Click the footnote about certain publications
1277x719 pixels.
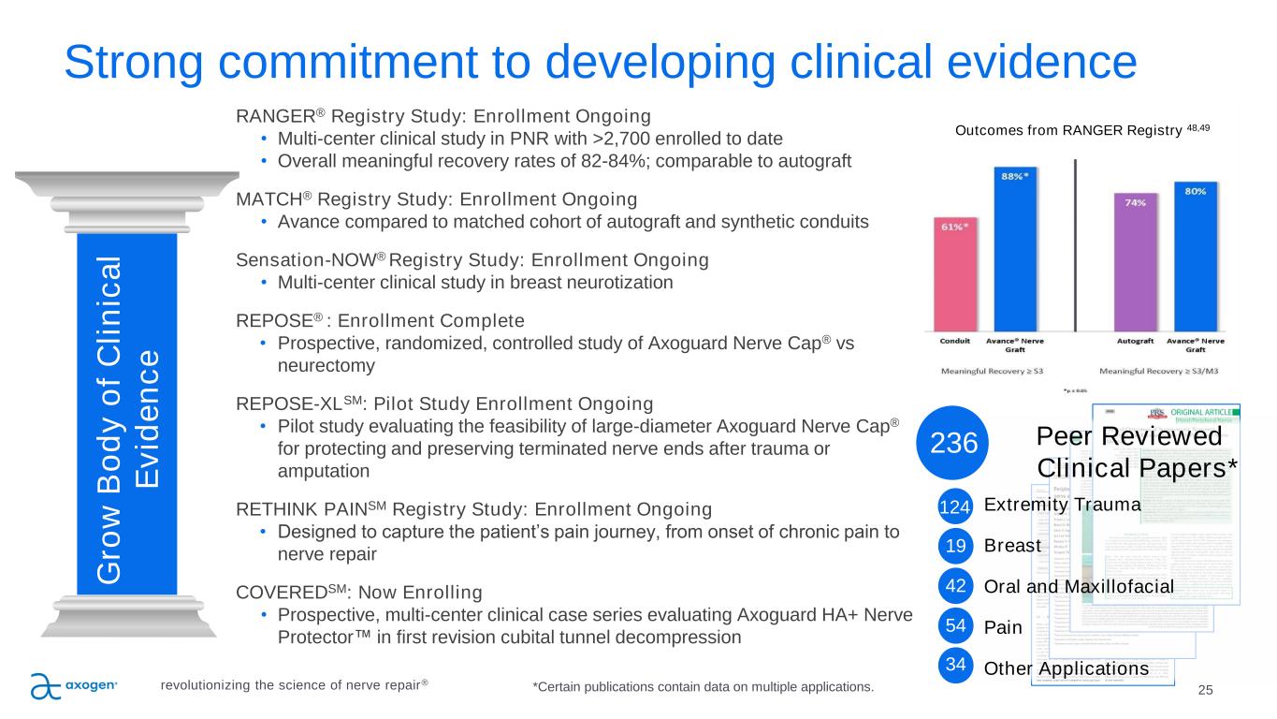[703, 688]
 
